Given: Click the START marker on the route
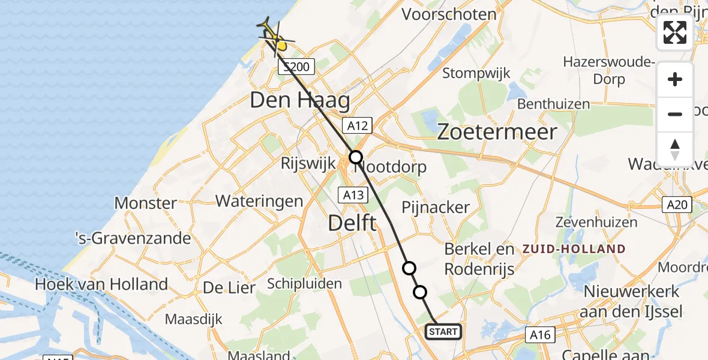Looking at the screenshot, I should pos(443,332).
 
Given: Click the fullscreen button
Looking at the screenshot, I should pos(675,32).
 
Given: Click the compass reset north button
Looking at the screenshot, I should pos(675,149).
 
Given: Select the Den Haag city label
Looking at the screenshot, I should pos(299,100).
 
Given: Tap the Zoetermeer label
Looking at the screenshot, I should pos(497,132).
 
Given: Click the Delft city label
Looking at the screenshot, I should pos(353,224).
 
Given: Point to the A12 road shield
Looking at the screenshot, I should pos(358,125).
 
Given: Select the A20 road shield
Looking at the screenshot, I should pos(677,205).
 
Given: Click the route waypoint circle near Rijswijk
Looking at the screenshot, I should pos(356,157).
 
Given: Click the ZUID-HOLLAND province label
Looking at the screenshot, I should pos(574,249).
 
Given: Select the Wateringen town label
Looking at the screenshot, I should pos(259,200).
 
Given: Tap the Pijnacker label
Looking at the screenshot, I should pos(435,208).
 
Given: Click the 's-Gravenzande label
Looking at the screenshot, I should pos(133,238).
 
